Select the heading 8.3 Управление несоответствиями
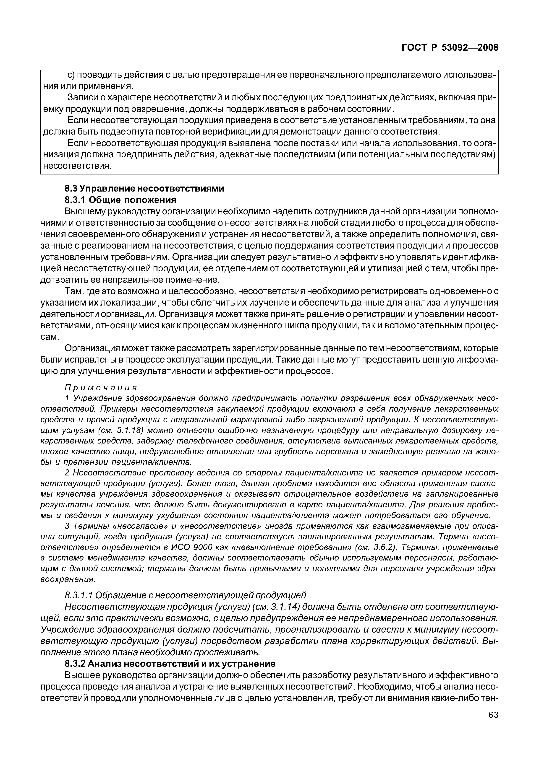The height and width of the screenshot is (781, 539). click(x=144, y=188)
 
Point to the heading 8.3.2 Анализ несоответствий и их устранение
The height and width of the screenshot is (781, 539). click(x=170, y=664)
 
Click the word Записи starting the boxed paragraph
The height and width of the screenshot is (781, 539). click(x=81, y=98)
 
